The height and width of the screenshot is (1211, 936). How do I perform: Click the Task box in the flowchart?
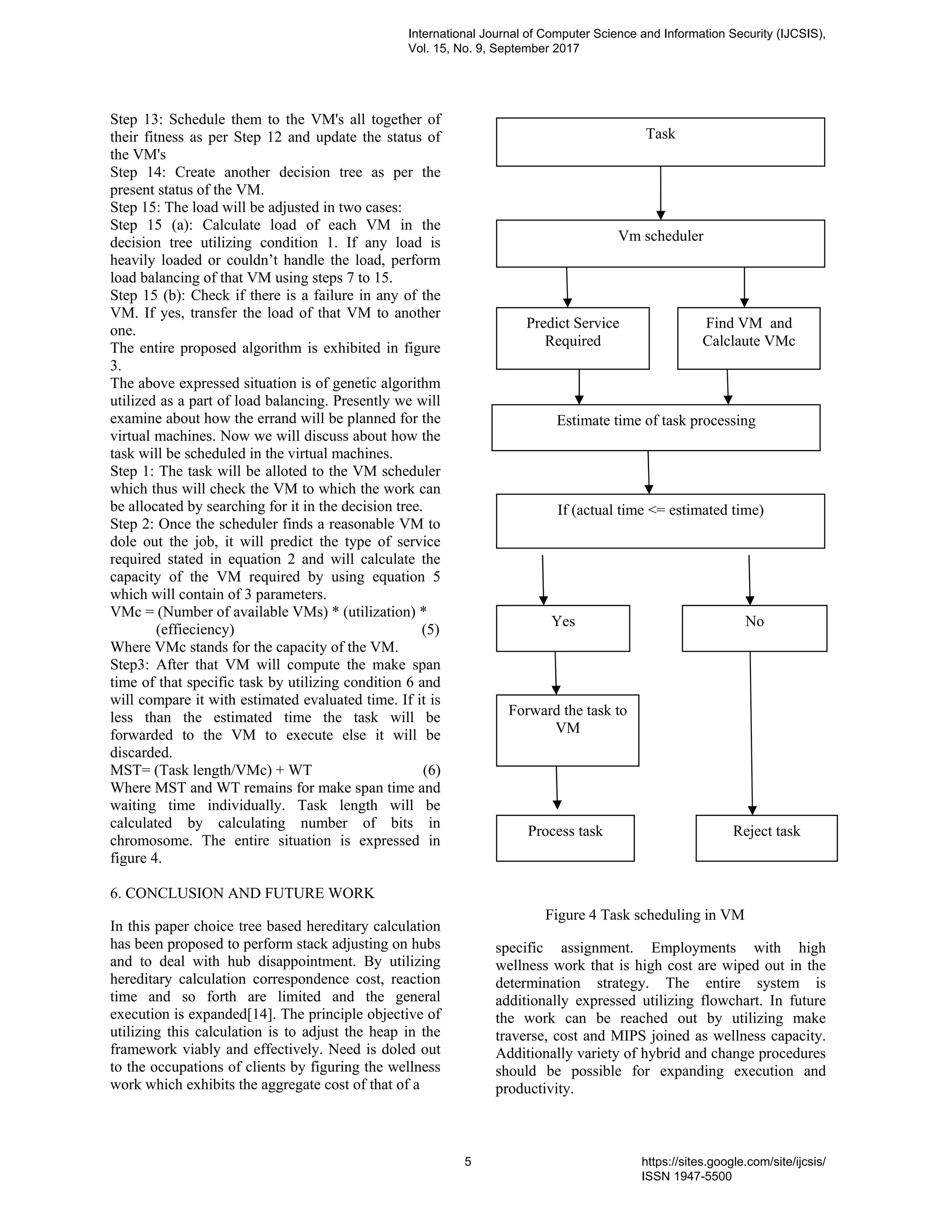[x=660, y=142]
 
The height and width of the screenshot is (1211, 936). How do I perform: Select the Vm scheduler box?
[x=660, y=244]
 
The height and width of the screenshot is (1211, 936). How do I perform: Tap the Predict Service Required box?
[x=572, y=338]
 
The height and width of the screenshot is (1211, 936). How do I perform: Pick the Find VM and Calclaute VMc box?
[x=748, y=338]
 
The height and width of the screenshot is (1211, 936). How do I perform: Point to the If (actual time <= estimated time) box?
[x=660, y=521]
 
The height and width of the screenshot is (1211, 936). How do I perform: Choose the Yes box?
[x=562, y=628]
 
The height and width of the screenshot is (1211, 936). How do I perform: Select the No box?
[x=754, y=628]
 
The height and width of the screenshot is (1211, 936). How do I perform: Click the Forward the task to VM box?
[x=567, y=730]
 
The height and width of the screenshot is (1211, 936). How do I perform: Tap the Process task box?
[x=564, y=837]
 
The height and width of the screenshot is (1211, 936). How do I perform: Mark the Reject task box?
[x=766, y=837]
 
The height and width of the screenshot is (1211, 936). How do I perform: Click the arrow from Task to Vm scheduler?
[x=660, y=193]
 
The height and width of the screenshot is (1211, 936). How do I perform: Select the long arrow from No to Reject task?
[x=751, y=732]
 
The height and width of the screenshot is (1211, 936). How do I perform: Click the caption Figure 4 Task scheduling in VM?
[x=644, y=914]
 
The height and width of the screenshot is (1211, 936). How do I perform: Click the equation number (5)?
[x=430, y=629]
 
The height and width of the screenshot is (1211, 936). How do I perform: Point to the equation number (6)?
[x=431, y=770]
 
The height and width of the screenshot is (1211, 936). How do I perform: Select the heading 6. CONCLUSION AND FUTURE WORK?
[x=242, y=893]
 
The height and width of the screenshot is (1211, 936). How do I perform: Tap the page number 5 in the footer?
[x=468, y=1162]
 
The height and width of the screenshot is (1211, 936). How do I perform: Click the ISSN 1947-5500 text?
[x=686, y=1176]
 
